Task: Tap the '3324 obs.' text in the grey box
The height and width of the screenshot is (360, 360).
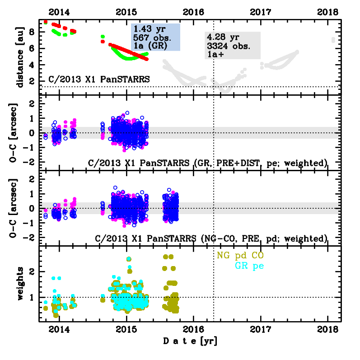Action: [x=228, y=46]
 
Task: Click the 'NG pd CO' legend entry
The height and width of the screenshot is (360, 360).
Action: [x=240, y=256]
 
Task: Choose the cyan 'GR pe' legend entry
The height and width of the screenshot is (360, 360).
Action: [x=249, y=266]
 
